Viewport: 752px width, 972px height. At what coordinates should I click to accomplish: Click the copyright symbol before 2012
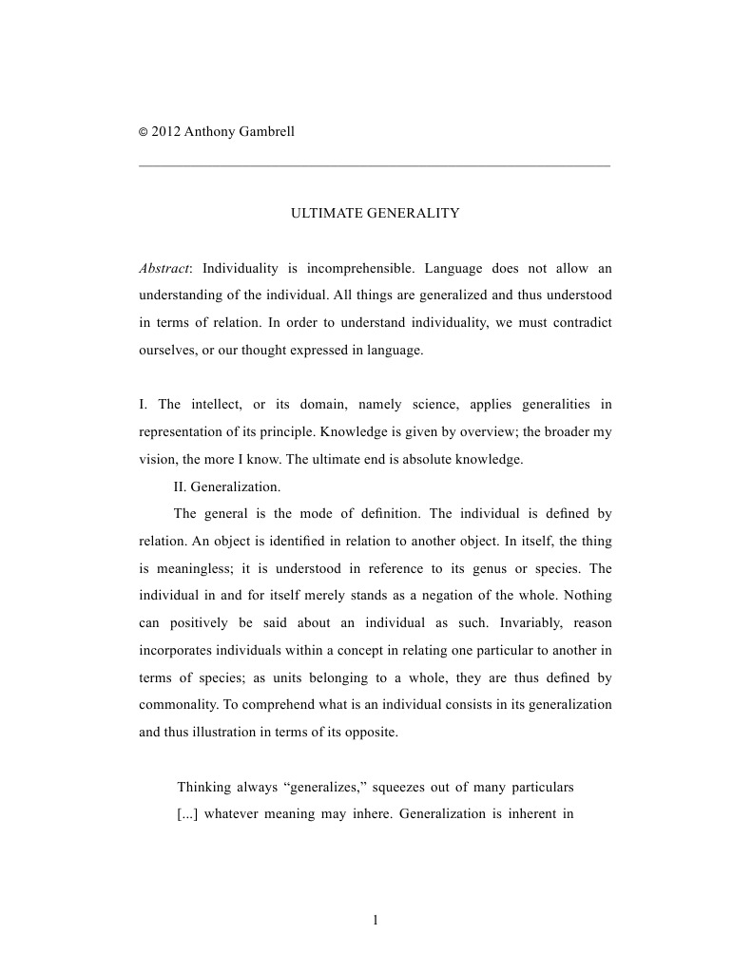(x=144, y=132)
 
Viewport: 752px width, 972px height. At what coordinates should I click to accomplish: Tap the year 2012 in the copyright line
(x=166, y=131)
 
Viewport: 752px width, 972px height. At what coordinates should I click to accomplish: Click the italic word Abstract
(x=164, y=268)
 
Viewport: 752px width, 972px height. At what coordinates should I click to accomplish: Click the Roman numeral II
(x=181, y=487)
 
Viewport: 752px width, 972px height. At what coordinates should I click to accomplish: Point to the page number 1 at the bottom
(x=376, y=920)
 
